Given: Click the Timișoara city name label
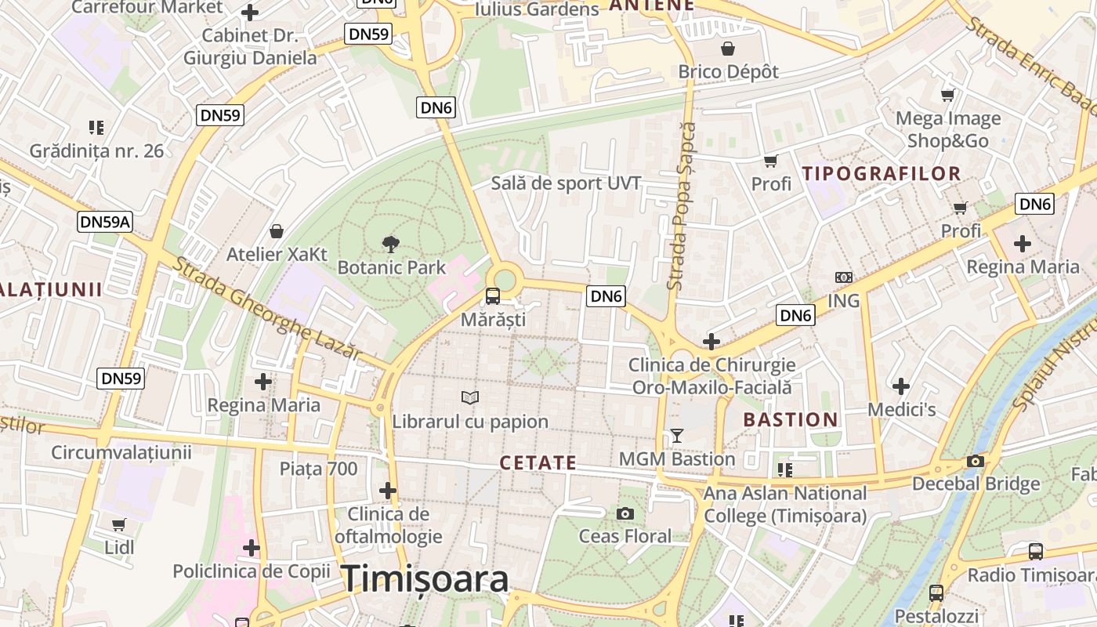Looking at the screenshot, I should pos(425,579).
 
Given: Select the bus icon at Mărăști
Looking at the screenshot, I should pos(493,296).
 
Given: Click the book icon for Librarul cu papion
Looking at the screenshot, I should pos(470,398).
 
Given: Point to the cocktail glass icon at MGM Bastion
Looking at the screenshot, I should pos(677,435).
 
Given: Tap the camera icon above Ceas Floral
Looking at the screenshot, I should pos(625,513).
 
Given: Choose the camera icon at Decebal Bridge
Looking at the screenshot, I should pos(976,461).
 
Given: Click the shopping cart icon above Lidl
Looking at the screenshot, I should pos(119,524).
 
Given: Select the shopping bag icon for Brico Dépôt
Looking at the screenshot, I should pos(728,49).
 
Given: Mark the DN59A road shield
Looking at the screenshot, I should pos(106,222).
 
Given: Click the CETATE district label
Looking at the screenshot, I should pos(538,463).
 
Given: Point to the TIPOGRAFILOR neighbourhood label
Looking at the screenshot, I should pos(882,174).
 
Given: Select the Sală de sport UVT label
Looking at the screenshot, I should pos(566,183).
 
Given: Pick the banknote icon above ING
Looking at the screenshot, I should pos(844,277).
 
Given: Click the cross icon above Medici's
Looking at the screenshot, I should pos(901,386).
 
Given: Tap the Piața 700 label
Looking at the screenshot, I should pos(318,469).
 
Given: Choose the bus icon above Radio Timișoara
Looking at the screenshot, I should pos(1035,552).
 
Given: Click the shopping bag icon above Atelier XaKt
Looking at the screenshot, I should pos(277,231).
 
